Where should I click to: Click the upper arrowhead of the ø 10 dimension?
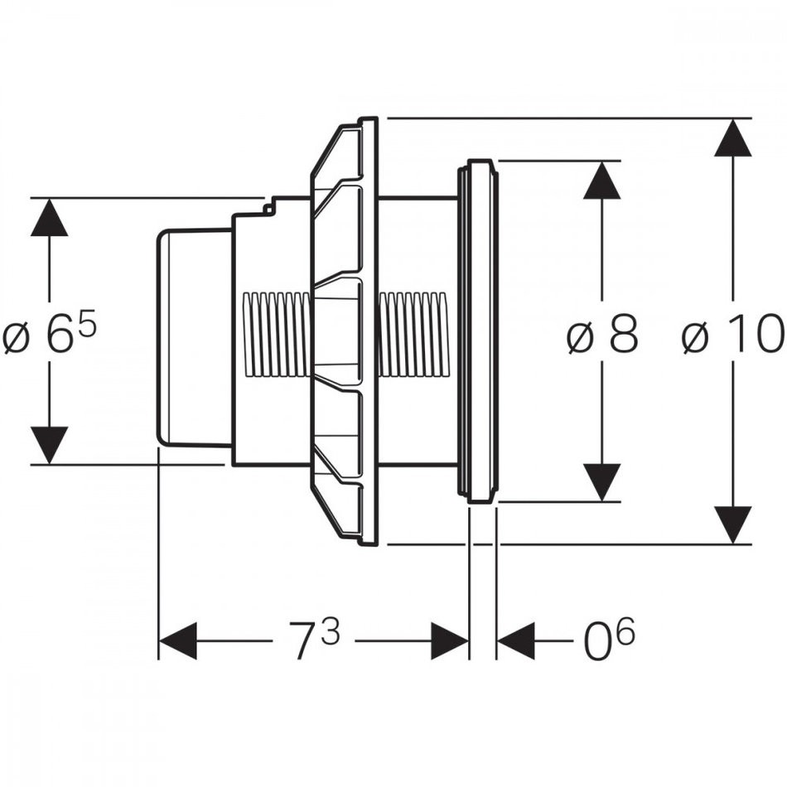(733, 138)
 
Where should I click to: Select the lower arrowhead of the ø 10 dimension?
(733, 524)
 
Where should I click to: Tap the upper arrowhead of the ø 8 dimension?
(602, 180)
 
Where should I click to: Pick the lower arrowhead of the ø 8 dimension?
(602, 482)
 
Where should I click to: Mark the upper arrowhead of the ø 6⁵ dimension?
(50, 218)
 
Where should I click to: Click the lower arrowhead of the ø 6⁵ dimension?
(50, 445)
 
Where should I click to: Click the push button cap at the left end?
(192, 336)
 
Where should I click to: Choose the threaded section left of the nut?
(278, 336)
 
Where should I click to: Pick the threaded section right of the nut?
(412, 336)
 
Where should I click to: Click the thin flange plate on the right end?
(478, 331)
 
